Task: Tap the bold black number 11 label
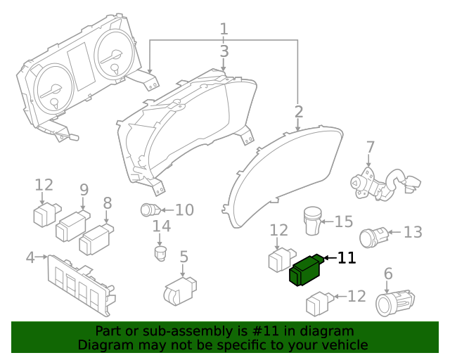coord(347,259)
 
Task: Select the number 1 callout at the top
coord(224,30)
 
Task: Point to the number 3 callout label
coord(224,51)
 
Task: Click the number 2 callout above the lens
coord(299,112)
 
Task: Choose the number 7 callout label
coord(370,148)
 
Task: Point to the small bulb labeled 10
coord(150,210)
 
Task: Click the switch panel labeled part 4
coord(77,284)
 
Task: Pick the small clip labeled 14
coord(161,252)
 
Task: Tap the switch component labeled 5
coord(179,291)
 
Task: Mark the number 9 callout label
coord(84,190)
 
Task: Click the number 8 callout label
coord(108,204)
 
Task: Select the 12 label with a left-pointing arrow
coord(356,297)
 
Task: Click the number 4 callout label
coord(30,258)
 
